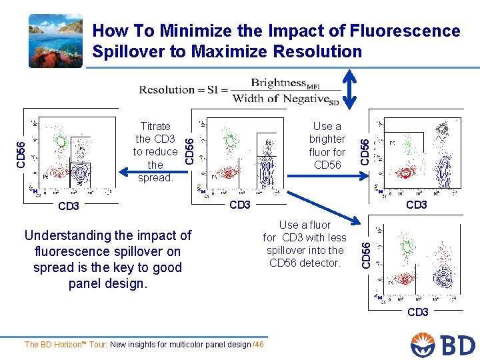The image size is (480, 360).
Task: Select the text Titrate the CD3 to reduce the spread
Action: point(155,152)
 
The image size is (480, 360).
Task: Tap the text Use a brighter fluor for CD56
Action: point(327,145)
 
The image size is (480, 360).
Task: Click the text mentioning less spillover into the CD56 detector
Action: point(305,244)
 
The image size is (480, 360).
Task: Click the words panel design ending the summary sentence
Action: point(107,283)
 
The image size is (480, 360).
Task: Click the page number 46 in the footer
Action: point(259,344)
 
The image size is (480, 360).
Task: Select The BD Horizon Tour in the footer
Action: point(66,344)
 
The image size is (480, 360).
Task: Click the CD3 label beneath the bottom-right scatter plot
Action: point(417,312)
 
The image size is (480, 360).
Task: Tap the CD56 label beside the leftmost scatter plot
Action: point(21,153)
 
